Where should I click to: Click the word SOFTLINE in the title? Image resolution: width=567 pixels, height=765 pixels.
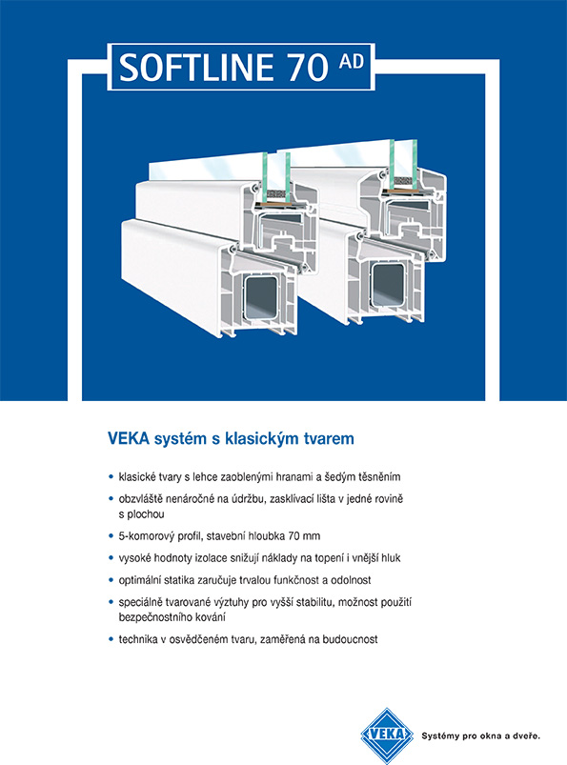click(196, 68)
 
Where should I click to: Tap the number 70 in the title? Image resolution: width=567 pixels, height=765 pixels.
click(309, 68)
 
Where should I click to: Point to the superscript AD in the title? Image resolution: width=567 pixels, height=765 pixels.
click(352, 61)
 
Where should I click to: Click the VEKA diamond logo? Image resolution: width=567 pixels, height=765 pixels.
click(387, 735)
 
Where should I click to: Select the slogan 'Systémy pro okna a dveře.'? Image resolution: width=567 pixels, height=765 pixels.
click(480, 735)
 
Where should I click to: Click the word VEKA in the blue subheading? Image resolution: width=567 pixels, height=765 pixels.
click(129, 438)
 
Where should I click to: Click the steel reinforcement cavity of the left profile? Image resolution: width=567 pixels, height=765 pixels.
click(260, 297)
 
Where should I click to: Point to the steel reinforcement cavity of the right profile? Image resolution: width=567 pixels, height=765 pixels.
click(388, 285)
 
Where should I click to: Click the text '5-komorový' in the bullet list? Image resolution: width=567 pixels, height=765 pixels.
click(145, 536)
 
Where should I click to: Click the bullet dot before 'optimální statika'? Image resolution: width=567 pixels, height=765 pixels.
click(111, 580)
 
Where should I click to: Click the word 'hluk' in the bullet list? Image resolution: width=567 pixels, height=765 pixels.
click(391, 557)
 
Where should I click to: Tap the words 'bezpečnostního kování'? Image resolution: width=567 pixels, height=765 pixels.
click(172, 617)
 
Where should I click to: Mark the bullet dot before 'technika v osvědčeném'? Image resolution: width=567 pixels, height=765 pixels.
click(111, 639)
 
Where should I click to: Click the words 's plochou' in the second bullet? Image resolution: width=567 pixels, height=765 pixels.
click(141, 514)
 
